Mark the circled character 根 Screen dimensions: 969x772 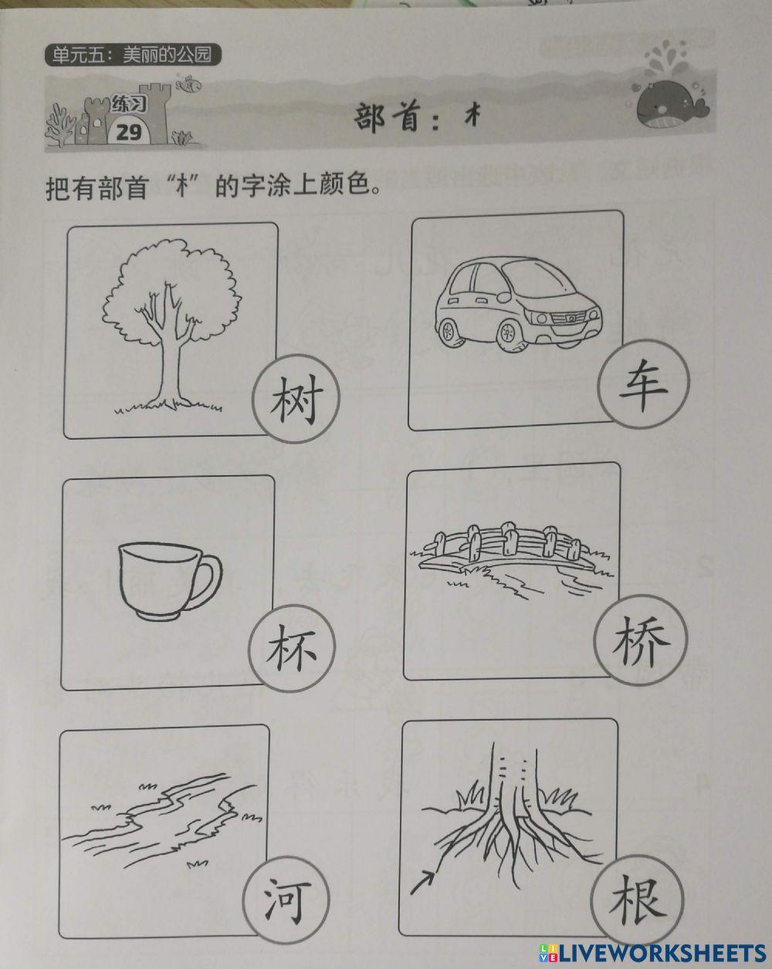click(636, 899)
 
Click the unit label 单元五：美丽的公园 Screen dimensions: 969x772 click(133, 56)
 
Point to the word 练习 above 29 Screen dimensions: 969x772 click(127, 103)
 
